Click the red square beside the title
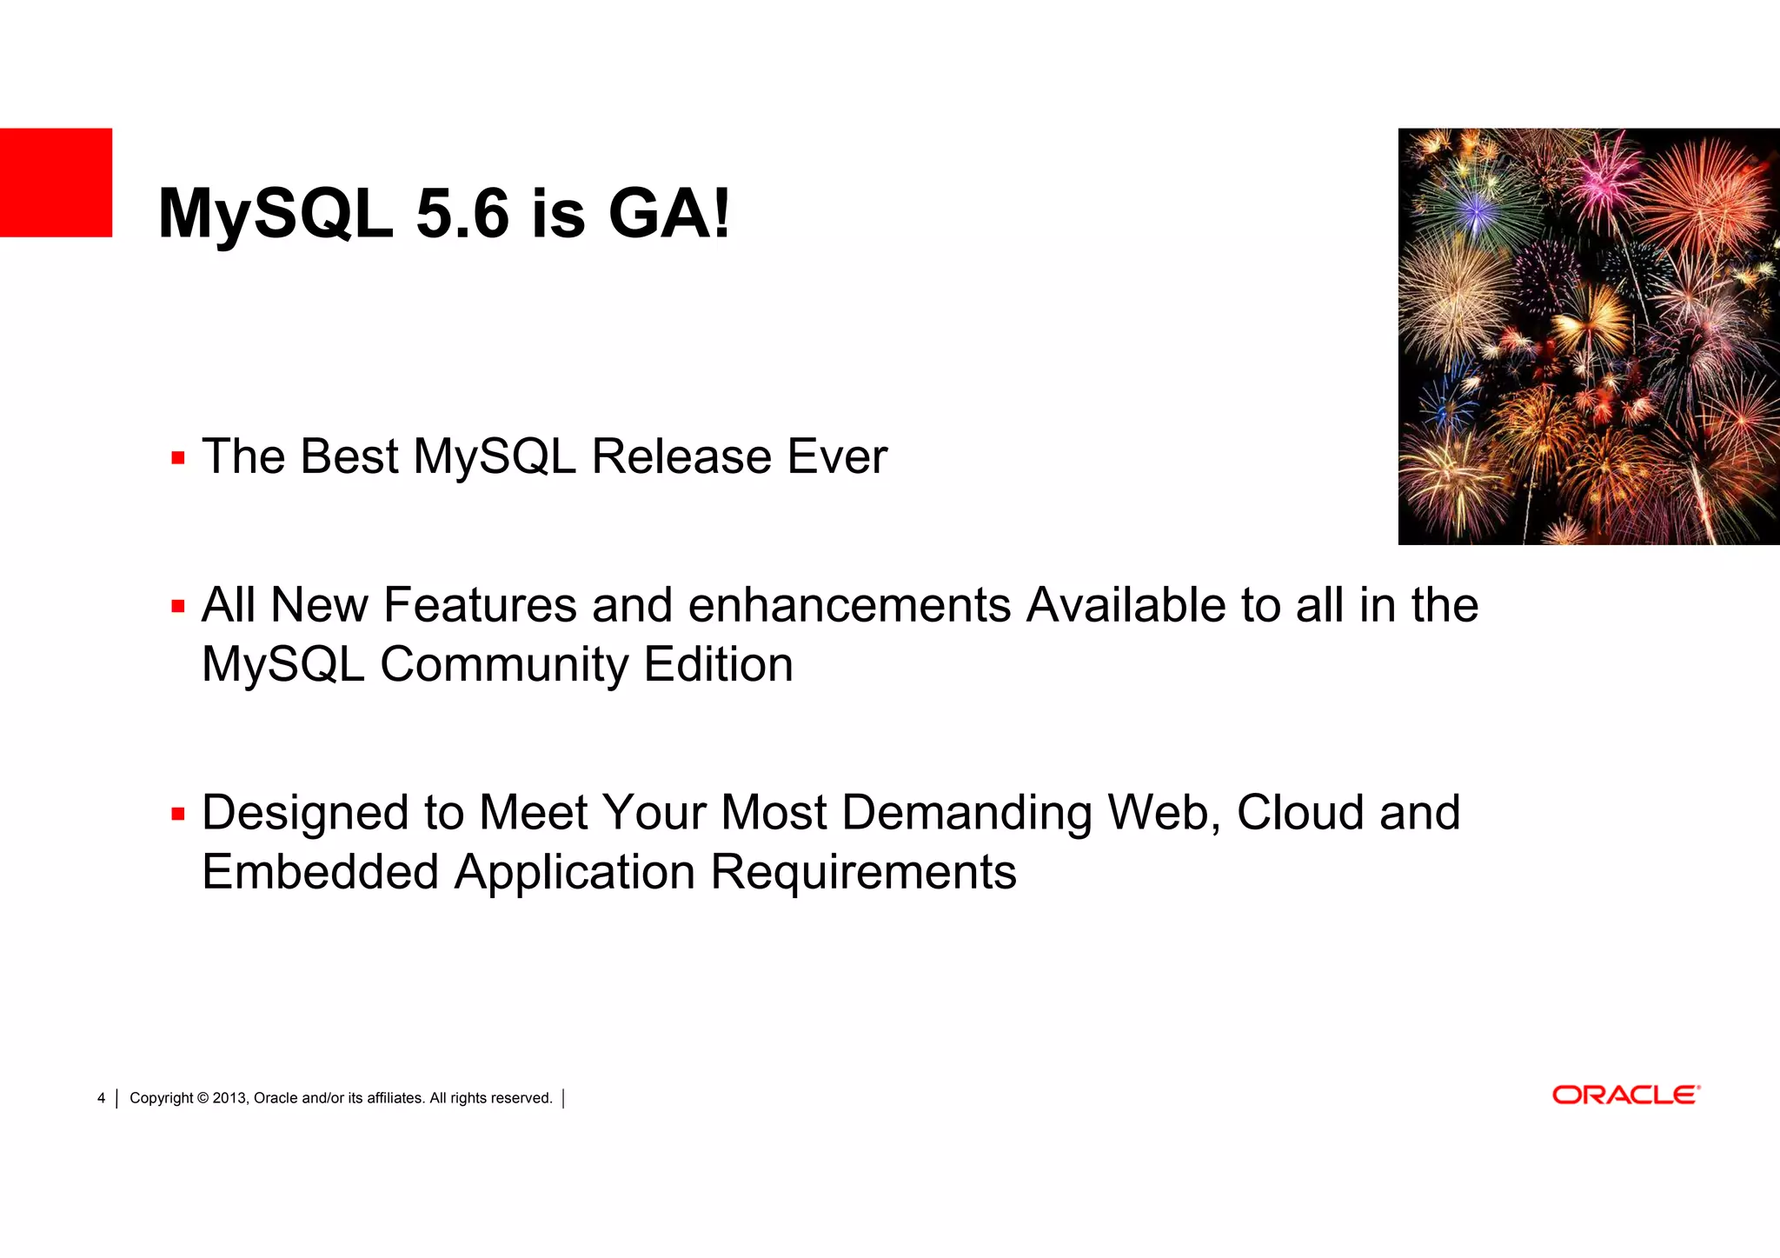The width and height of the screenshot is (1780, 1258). click(56, 183)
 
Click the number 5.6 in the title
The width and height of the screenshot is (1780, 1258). click(462, 214)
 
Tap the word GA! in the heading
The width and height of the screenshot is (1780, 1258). click(669, 214)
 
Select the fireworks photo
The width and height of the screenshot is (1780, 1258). click(1589, 336)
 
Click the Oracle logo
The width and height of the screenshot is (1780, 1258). click(1625, 1095)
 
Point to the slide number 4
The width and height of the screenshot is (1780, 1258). click(101, 1098)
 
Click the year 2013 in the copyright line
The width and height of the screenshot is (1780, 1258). click(229, 1098)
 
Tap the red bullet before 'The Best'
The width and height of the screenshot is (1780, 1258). click(178, 458)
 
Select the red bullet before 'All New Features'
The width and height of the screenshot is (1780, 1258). click(178, 606)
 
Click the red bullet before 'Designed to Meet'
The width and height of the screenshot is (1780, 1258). click(178, 814)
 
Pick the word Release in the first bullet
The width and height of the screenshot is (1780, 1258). click(681, 457)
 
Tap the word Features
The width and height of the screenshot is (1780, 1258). click(480, 605)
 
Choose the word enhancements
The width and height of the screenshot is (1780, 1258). click(849, 605)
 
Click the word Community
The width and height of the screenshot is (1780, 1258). click(504, 665)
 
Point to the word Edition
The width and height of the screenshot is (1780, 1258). click(718, 665)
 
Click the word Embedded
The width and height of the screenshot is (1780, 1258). click(320, 872)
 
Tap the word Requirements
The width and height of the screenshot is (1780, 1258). click(863, 872)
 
